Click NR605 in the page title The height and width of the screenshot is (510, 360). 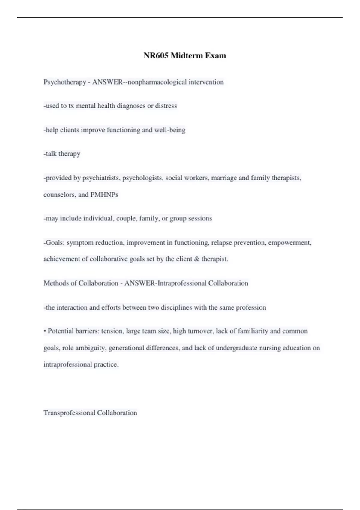pos(156,55)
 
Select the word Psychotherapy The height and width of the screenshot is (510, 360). pos(65,82)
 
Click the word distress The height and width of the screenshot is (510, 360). pos(166,106)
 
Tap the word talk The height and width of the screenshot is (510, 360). pos(51,154)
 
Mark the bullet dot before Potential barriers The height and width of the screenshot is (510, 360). pos(45,331)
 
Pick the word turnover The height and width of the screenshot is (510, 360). pos(200,331)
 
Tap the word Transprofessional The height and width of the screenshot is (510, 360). pos(69,413)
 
